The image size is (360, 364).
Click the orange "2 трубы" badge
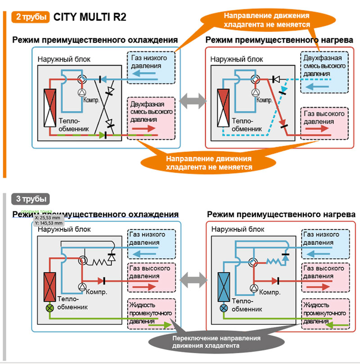coord(29,17)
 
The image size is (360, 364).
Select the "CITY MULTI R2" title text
coord(90,17)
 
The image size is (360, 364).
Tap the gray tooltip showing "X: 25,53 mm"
coord(47,220)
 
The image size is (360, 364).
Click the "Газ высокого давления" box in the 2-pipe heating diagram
coord(324,122)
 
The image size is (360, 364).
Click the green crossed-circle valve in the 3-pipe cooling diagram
coord(49,308)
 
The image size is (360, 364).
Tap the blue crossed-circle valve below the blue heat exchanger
coord(224,308)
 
